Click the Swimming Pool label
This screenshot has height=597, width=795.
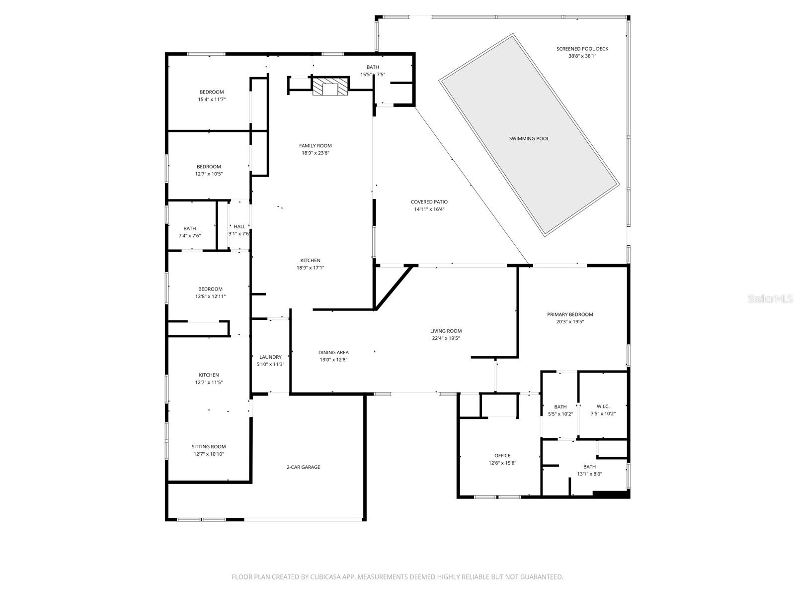click(529, 138)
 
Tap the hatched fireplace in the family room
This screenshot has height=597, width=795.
click(330, 87)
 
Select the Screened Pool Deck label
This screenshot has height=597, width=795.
click(582, 49)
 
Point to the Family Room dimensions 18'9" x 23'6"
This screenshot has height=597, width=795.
click(316, 153)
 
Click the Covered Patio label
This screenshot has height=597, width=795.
click(429, 202)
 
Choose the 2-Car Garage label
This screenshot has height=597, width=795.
click(303, 467)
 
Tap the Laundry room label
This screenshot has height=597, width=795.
click(270, 357)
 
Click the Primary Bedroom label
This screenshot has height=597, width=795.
click(570, 314)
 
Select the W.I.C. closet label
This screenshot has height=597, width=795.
click(603, 406)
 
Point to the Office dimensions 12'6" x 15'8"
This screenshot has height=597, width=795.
click(502, 463)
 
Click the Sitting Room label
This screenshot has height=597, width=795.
click(209, 447)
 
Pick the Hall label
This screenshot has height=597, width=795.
click(239, 226)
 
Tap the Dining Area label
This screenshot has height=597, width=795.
click(333, 352)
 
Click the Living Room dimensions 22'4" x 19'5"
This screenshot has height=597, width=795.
click(446, 338)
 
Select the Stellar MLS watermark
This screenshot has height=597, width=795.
click(770, 298)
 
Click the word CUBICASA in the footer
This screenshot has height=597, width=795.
click(325, 577)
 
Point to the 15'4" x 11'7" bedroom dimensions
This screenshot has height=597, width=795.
click(212, 99)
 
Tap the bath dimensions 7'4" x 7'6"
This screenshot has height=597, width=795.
click(189, 236)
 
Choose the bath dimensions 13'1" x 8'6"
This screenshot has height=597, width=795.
click(589, 474)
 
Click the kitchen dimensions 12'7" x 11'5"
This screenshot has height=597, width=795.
click(209, 383)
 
